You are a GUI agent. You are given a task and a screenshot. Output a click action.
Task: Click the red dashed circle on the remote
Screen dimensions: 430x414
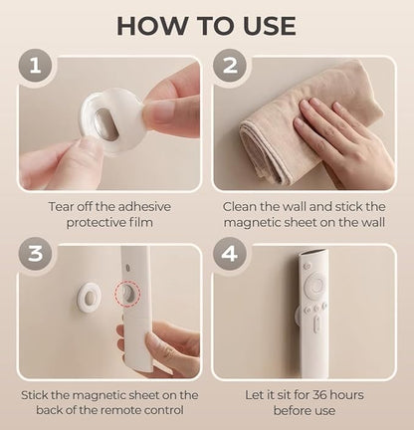tap(127, 296)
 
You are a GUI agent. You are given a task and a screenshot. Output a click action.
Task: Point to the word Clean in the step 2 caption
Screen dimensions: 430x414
tap(246, 206)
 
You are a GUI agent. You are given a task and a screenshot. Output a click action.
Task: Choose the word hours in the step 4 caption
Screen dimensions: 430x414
tap(344, 395)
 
